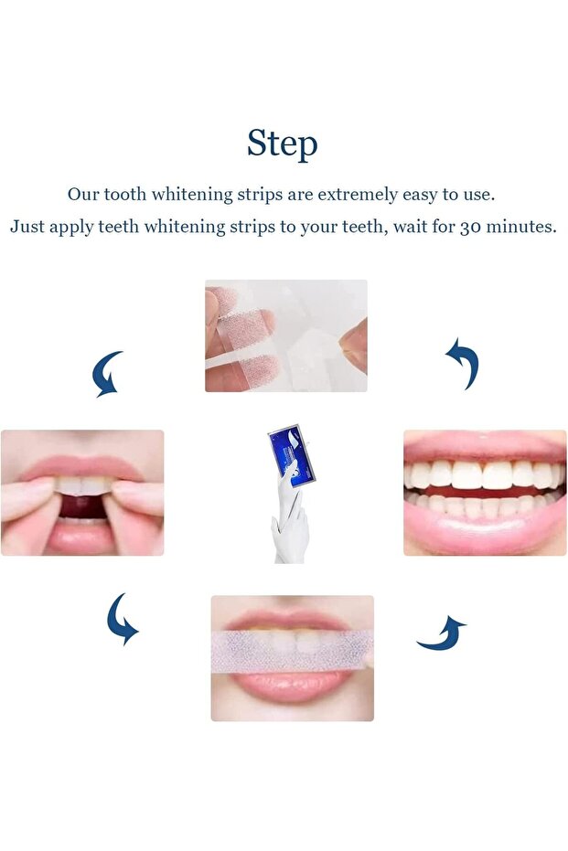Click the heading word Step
pos(283,144)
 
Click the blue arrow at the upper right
pos(463,363)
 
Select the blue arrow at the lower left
pos(121,619)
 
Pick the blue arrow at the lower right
pos(441,634)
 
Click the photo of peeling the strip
pos(285,335)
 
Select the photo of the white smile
pos(485,493)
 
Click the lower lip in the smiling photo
pos(485,529)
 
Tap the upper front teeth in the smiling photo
pos(483,474)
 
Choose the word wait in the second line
pos(412,227)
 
